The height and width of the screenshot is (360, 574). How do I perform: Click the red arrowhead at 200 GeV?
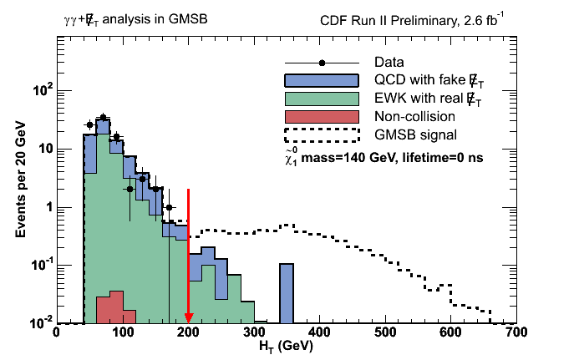tap(188, 316)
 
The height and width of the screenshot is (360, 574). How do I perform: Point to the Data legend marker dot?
tap(322, 63)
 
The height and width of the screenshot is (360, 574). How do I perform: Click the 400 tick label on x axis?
tap(319, 332)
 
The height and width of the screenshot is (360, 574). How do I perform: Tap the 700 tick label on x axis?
tap(516, 332)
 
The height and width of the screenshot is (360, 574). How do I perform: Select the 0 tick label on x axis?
tap(56, 332)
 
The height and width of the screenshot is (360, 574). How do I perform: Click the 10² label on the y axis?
tap(38, 90)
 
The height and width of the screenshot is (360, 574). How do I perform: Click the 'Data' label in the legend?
tap(389, 63)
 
